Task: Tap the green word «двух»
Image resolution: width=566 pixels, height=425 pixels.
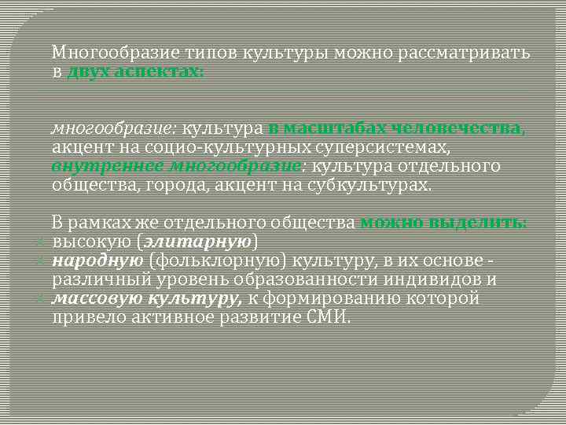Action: click(88, 72)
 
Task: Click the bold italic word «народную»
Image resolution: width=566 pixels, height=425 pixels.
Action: click(97, 261)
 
